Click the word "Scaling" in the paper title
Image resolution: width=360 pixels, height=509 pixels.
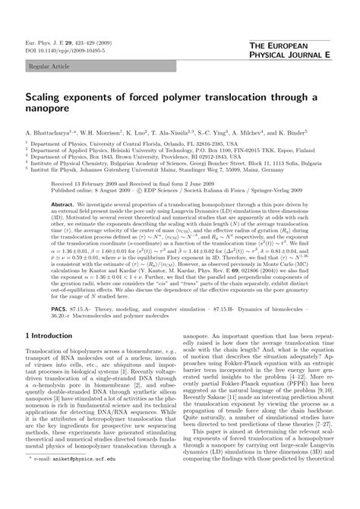pyautogui.click(x=51, y=98)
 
